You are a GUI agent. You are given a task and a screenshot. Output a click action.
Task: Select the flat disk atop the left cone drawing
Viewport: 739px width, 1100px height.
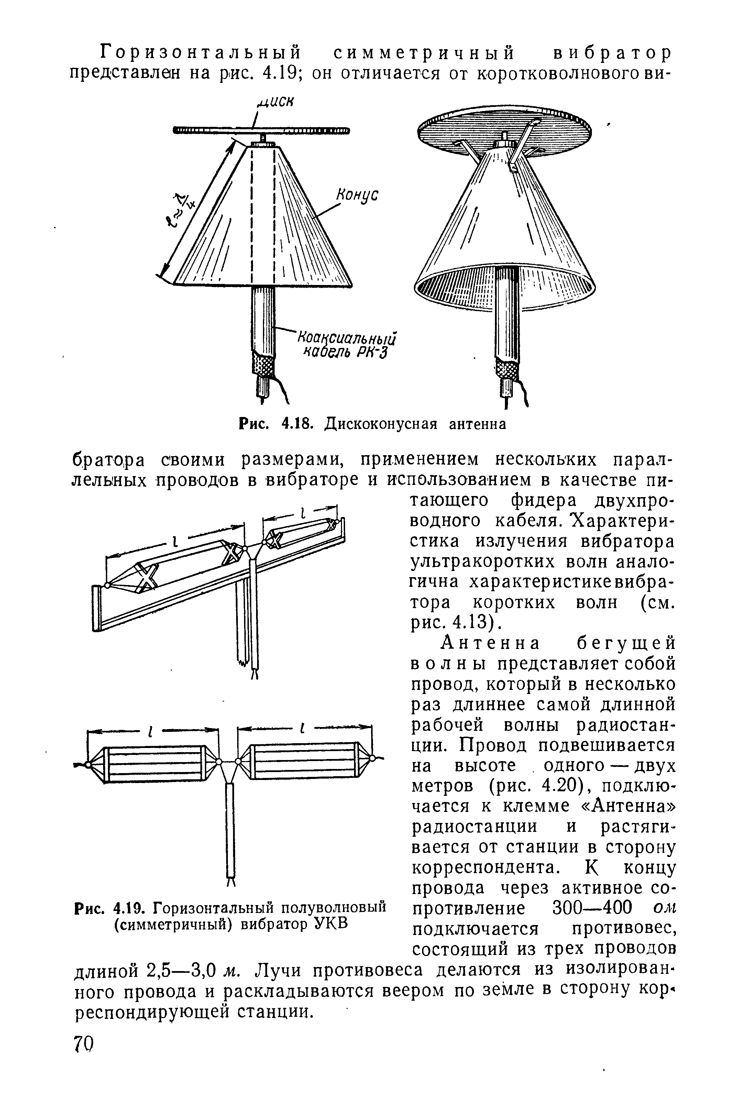point(262,130)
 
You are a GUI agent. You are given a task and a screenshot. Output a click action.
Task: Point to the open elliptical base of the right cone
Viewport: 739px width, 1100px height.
point(504,287)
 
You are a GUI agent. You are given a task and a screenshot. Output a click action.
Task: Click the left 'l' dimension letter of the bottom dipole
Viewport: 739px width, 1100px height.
point(150,732)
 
